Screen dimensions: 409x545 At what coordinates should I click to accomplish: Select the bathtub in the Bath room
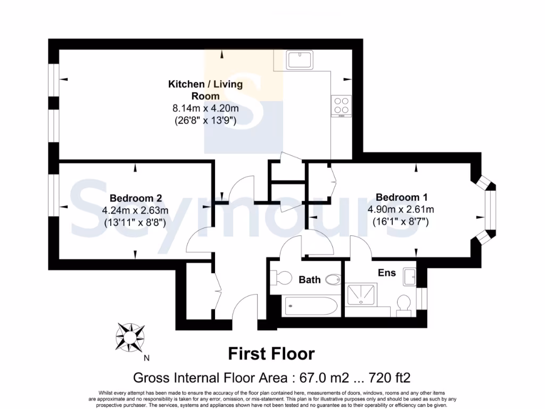310,306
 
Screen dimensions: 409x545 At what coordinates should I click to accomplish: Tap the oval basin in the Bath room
333,279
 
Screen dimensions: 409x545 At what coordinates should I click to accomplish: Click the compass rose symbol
130,337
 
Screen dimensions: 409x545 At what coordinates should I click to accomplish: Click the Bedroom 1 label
401,197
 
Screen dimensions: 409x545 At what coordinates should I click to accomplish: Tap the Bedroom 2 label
135,198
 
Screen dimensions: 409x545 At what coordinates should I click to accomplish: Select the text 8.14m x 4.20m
205,109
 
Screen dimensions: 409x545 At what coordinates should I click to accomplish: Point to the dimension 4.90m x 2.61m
401,209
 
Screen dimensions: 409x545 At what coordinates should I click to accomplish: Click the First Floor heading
271,354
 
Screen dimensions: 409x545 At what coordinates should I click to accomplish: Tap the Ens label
387,273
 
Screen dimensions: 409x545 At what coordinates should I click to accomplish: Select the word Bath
309,280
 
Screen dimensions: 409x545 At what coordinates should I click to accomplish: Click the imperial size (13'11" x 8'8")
135,223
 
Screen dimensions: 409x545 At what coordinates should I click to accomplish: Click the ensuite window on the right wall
423,299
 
